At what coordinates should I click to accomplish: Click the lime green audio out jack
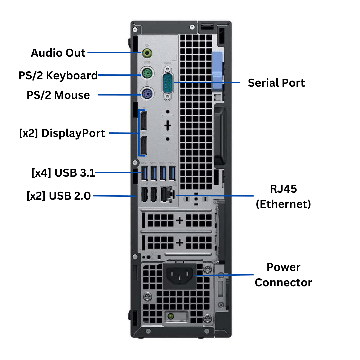pos(147,53)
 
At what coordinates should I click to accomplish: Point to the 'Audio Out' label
pos(58,53)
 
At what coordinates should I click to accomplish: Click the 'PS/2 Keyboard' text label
pos(58,75)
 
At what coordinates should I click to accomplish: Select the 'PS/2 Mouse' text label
pos(58,95)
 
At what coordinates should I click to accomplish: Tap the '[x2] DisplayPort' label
pos(62,133)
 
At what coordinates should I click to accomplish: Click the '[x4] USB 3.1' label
pos(63,173)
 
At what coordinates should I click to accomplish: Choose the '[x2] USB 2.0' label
pos(59,196)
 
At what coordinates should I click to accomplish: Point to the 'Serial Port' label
pos(276,83)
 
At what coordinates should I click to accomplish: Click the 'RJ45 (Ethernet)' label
pos(283,196)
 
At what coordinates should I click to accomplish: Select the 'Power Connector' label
pos(283,275)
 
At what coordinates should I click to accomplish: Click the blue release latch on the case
pos(216,72)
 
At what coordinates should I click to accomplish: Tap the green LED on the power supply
pos(171,315)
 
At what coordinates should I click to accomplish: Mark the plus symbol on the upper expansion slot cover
pos(180,220)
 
